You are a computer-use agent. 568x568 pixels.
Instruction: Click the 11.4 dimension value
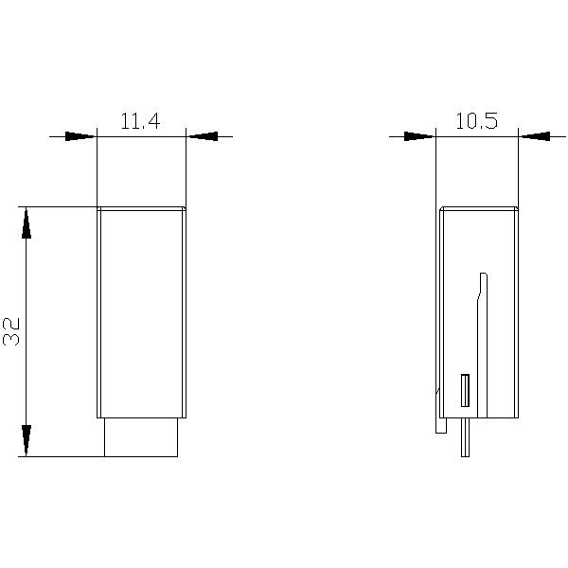[140, 121]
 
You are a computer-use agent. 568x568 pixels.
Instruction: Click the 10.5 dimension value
[476, 120]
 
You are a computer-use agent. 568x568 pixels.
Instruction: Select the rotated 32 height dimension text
[11, 332]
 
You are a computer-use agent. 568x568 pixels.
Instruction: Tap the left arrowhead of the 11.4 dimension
[80, 136]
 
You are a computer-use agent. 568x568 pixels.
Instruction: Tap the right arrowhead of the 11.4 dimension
[203, 136]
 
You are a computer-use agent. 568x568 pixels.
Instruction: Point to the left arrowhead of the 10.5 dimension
[419, 136]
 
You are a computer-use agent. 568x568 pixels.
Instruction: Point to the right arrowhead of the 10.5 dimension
[535, 136]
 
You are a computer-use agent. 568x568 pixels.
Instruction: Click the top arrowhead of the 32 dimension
[27, 222]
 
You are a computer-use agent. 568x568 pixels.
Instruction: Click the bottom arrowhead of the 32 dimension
[27, 440]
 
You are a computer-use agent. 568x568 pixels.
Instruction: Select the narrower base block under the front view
[141, 437]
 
